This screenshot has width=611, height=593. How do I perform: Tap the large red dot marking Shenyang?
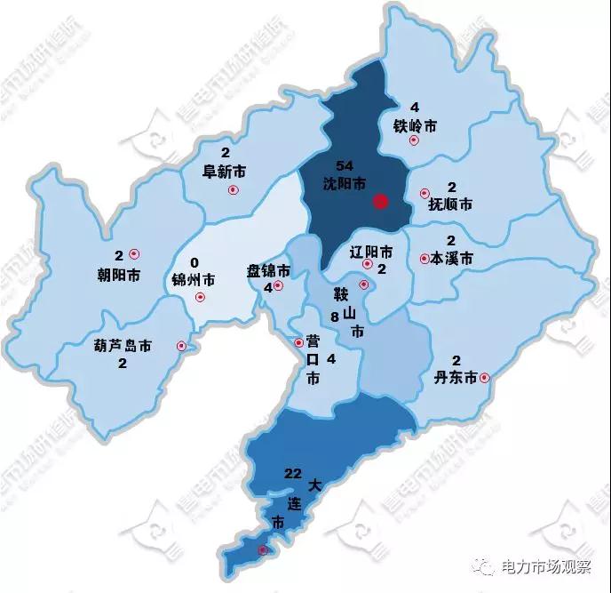(x=381, y=202)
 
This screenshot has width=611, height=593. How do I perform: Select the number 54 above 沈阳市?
(x=346, y=167)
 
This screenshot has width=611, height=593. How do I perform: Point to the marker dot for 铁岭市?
(x=413, y=140)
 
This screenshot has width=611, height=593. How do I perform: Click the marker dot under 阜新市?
(x=234, y=189)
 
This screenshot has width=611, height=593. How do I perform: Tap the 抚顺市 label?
(x=450, y=204)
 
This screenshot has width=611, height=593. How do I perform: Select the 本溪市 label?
(x=450, y=259)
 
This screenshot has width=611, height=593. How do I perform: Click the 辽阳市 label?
(x=371, y=251)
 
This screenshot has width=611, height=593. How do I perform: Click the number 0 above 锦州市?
(x=194, y=263)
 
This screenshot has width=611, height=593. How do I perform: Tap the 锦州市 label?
(x=194, y=280)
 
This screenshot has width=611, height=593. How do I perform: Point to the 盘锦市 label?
(x=268, y=270)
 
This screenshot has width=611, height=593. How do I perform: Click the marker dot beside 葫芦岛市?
(x=182, y=346)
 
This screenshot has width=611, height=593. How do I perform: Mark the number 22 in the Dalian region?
(x=294, y=472)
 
